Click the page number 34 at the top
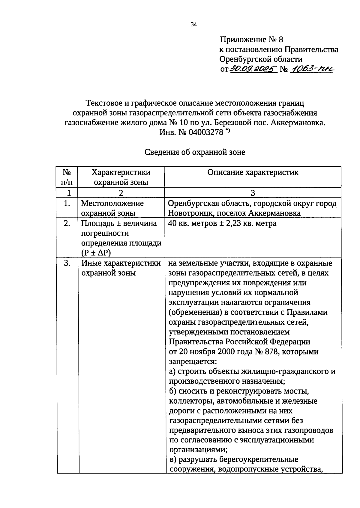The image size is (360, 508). (193, 25)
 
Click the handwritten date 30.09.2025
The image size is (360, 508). (253, 69)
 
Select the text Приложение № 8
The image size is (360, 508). (251, 40)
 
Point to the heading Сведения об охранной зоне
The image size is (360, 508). (195, 152)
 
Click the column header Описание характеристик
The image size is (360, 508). (253, 173)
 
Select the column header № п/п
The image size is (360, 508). (67, 177)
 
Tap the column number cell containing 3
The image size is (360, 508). (253, 193)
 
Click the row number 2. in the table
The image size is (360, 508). (67, 223)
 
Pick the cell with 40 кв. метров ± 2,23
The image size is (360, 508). (222, 223)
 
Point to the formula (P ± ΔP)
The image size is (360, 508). (96, 253)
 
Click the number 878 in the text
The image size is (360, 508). (271, 352)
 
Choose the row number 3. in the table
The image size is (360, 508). (67, 263)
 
